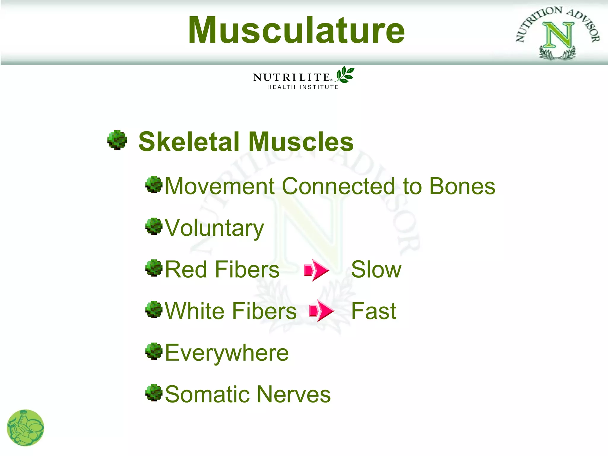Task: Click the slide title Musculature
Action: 296,30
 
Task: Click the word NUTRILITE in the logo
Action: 292,77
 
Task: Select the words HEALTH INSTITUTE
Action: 303,87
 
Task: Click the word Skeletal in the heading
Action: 189,142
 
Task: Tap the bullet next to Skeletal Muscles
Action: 117,140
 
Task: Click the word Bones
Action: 462,186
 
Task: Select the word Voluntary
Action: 214,228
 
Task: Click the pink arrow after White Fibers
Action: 322,311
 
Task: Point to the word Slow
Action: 376,270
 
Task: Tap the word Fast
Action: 373,311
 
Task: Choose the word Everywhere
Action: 227,353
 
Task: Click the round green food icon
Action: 26,428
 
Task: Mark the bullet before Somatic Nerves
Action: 154,393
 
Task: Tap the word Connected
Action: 338,186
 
